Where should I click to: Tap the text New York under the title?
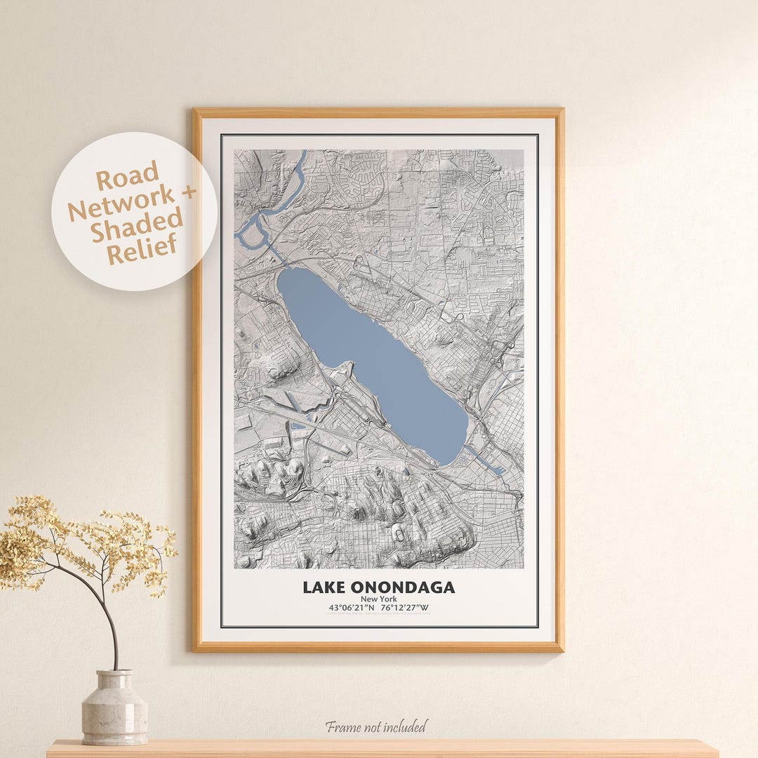point(379,599)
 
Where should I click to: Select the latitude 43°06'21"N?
point(349,608)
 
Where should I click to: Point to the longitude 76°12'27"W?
point(405,608)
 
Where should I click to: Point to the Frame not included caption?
point(375,726)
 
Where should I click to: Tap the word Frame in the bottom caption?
point(342,726)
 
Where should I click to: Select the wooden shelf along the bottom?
point(379,748)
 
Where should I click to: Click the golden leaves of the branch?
point(42,540)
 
